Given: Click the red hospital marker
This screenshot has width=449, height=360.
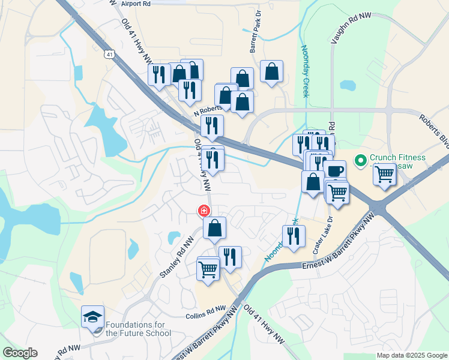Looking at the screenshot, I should tap(204, 211).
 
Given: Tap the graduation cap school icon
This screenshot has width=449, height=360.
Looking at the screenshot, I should tap(93, 316).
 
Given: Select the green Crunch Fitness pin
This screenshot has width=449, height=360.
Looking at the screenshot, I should tap(361, 160).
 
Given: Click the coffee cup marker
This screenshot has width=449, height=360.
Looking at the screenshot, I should tap(335, 170).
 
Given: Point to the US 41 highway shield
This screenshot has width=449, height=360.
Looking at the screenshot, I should tap(109, 54).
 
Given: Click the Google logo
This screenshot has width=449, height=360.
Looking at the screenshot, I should tap(20, 353).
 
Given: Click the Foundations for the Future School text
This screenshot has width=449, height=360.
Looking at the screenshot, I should tap(138, 329).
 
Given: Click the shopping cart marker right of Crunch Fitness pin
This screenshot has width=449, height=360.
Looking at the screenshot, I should tap(385, 175).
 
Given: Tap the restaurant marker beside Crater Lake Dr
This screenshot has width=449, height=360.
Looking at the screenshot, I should tap(294, 236).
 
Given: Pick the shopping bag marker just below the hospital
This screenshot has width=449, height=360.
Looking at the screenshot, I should tap(215, 228).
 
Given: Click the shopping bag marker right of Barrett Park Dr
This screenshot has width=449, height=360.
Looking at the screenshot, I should tap(272, 72).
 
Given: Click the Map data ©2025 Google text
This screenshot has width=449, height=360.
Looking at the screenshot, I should tap(411, 355).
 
